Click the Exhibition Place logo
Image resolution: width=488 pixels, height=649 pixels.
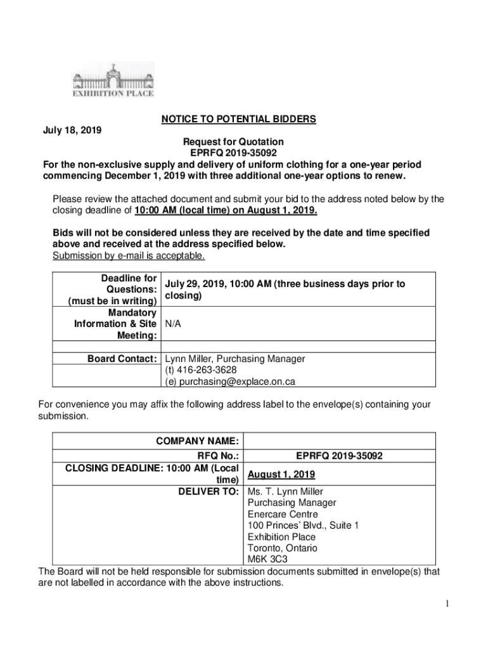pyautogui.click(x=112, y=80)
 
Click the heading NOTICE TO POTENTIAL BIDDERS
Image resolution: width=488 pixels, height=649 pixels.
pyautogui.click(x=238, y=119)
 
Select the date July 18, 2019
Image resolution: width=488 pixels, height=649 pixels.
pyautogui.click(x=72, y=131)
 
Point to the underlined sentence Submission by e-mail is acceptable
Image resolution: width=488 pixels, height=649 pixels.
pyautogui.click(x=129, y=256)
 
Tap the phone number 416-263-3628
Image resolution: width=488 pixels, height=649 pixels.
pyautogui.click(x=207, y=370)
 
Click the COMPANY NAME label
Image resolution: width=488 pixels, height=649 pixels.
pyautogui.click(x=197, y=441)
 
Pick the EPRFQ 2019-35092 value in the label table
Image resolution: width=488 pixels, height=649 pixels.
pyautogui.click(x=339, y=456)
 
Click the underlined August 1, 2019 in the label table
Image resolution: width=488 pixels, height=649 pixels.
pyautogui.click(x=281, y=475)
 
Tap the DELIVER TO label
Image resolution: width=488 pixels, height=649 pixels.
pyautogui.click(x=208, y=492)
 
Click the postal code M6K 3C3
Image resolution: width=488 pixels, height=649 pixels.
pyautogui.click(x=267, y=560)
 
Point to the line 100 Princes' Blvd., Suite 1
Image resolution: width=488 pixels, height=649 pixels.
pyautogui.click(x=303, y=525)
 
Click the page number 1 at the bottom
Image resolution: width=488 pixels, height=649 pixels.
pyautogui.click(x=446, y=604)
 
